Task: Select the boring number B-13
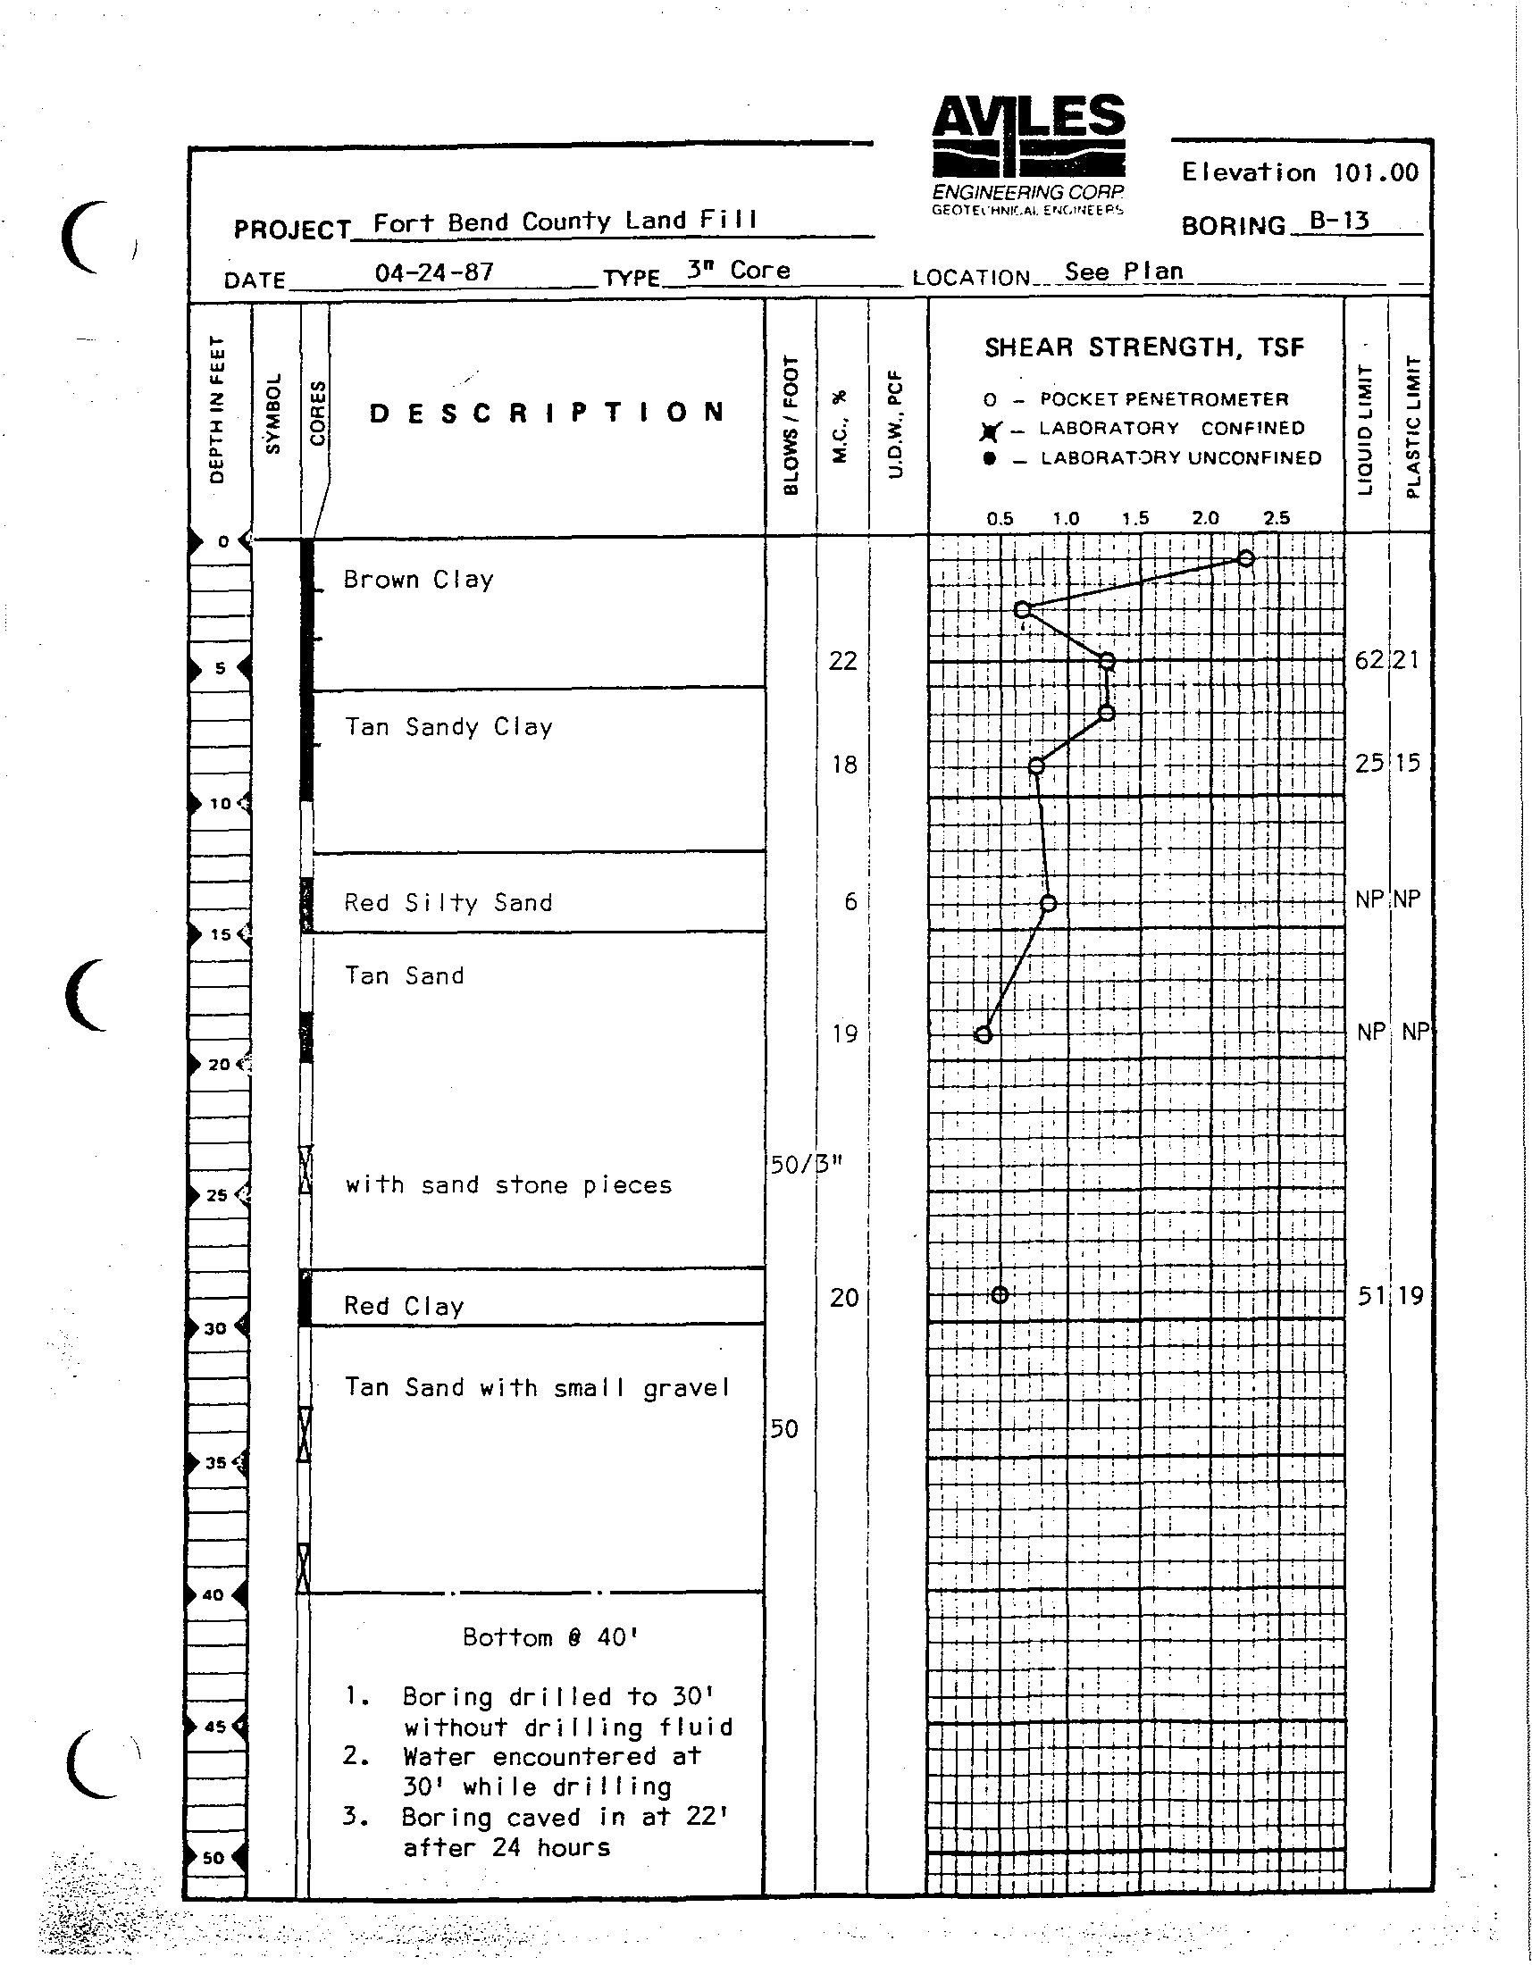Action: point(1339,221)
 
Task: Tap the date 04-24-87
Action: point(434,272)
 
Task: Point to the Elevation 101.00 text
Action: point(1299,172)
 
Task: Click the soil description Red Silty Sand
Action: point(448,902)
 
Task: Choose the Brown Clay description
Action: point(418,580)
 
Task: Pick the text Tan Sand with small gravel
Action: point(537,1387)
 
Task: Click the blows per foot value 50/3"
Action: point(806,1164)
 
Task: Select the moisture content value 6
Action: point(850,901)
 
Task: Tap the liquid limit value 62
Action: point(1369,660)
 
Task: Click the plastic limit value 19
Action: point(1410,1296)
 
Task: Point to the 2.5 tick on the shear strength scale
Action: point(1277,519)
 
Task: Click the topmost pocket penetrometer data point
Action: point(1245,558)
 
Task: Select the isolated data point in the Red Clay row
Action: point(999,1295)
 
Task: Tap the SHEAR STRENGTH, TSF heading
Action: point(1143,348)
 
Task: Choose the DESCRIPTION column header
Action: point(547,413)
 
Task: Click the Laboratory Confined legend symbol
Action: point(991,431)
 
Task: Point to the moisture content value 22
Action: point(842,661)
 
